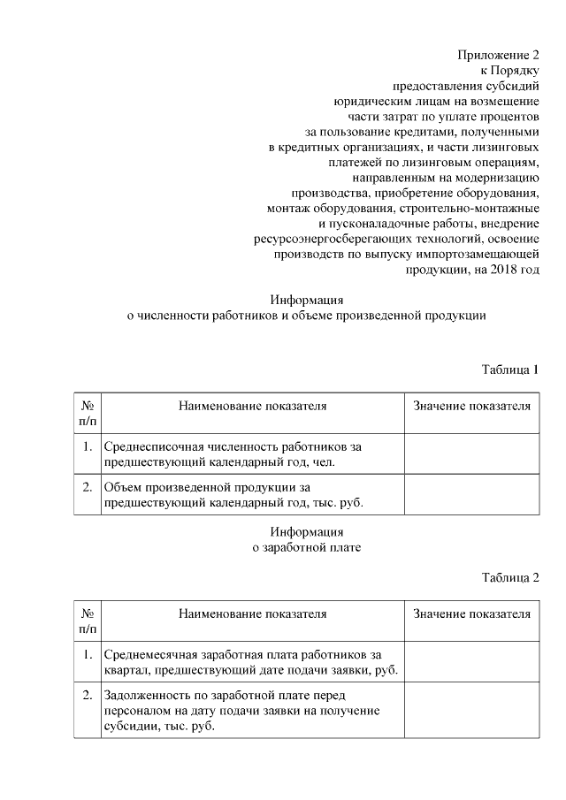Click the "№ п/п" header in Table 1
tap(88, 414)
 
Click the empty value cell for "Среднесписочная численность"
tap(471, 453)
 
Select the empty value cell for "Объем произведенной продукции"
tap(471, 495)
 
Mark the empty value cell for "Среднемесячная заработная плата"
tap(471, 662)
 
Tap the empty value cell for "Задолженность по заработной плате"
tap(471, 712)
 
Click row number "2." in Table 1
tap(88, 487)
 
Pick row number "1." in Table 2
tap(88, 654)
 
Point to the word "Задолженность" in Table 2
tap(145, 696)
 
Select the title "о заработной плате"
tap(307, 547)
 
